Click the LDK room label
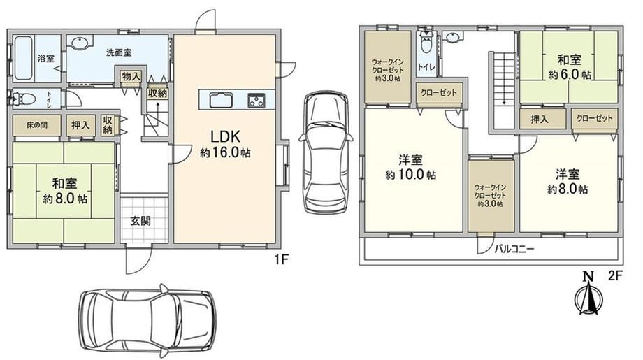pyautogui.click(x=225, y=136)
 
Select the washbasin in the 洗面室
pyautogui.click(x=79, y=42)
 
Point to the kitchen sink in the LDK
pyautogui.click(x=221, y=100)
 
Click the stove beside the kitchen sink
pyautogui.click(x=256, y=101)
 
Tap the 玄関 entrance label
pyautogui.click(x=140, y=221)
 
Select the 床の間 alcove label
pyautogui.click(x=37, y=125)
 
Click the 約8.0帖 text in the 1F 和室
pyautogui.click(x=65, y=199)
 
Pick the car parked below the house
pyautogui.click(x=147, y=320)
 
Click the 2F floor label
pyautogui.click(x=615, y=275)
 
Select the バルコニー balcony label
pyautogui.click(x=514, y=249)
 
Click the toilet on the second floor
pyautogui.click(x=427, y=42)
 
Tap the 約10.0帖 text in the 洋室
pyautogui.click(x=410, y=175)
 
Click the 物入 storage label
pyautogui.click(x=131, y=76)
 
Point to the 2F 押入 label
pyautogui.click(x=540, y=120)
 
